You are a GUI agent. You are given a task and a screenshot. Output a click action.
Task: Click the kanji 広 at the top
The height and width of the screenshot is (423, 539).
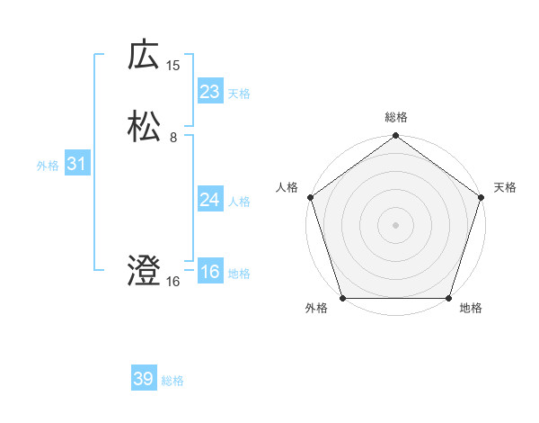pos(144,56)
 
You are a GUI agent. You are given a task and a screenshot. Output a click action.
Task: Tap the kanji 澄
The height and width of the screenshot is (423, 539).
pos(144,271)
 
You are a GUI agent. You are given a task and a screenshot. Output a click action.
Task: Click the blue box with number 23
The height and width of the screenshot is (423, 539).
pos(209,92)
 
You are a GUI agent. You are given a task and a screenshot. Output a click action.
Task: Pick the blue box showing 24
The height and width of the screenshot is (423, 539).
pos(209,200)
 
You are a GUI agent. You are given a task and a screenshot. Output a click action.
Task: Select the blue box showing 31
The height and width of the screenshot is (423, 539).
pos(76,165)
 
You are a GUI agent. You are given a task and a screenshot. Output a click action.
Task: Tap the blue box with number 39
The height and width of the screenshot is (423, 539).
pos(143,379)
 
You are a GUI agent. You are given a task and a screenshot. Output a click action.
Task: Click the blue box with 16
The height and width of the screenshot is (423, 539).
pos(209,272)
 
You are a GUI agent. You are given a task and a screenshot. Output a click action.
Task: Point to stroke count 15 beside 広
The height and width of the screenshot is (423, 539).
pos(173,65)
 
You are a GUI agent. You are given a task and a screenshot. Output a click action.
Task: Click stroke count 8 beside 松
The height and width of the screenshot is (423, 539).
pos(173,138)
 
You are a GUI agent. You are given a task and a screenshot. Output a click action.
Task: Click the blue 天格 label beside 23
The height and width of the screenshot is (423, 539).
pos(239,94)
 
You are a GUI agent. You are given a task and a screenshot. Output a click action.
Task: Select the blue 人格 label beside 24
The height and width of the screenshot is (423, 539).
pos(239,202)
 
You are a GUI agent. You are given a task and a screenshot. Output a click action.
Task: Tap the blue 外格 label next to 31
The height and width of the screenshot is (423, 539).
pos(48,166)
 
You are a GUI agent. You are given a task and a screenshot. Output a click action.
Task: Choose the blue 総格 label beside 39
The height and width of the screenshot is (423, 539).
pos(172,381)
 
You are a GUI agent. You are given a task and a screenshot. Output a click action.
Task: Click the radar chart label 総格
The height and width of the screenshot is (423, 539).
pos(395,117)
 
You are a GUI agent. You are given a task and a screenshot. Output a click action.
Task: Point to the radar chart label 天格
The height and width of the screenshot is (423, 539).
pos(505,187)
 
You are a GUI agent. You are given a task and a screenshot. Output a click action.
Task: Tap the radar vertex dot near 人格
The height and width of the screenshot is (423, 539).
pos(311,197)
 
